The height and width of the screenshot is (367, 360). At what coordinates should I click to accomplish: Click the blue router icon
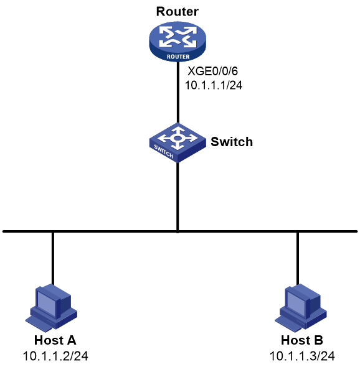pyautogui.click(x=178, y=42)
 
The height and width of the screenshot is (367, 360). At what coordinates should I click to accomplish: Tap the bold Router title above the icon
pyautogui.click(x=177, y=11)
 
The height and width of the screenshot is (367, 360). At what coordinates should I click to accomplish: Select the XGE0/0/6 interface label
pyautogui.click(x=213, y=71)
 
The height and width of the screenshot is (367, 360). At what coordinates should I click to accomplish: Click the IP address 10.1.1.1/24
pyautogui.click(x=214, y=85)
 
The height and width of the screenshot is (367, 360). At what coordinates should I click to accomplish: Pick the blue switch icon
pyautogui.click(x=178, y=142)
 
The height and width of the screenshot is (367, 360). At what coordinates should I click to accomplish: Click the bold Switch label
pyautogui.click(x=232, y=142)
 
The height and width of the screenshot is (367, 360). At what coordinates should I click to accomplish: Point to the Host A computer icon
pyautogui.click(x=51, y=308)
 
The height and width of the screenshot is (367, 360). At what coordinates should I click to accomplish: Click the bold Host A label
pyautogui.click(x=55, y=340)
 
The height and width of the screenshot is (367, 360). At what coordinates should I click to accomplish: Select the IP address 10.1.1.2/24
pyautogui.click(x=55, y=356)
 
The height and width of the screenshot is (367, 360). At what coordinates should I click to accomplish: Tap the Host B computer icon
pyautogui.click(x=301, y=308)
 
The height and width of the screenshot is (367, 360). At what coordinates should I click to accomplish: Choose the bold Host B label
pyautogui.click(x=302, y=340)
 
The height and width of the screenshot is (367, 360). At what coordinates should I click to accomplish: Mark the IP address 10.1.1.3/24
pyautogui.click(x=302, y=356)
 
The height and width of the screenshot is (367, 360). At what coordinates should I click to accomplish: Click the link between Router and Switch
pyautogui.click(x=178, y=92)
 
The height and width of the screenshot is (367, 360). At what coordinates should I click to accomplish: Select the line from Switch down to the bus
pyautogui.click(x=178, y=197)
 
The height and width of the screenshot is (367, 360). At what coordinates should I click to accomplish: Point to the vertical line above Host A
pyautogui.click(x=53, y=258)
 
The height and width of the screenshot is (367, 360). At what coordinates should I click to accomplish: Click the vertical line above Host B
pyautogui.click(x=298, y=258)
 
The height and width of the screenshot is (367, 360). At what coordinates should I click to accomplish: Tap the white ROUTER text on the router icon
pyautogui.click(x=178, y=57)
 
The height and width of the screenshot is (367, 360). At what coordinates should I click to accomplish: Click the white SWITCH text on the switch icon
pyautogui.click(x=164, y=151)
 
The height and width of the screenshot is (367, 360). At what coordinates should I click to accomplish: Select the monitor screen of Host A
pyautogui.click(x=47, y=304)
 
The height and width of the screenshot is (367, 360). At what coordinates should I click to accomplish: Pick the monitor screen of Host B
pyautogui.click(x=296, y=304)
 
